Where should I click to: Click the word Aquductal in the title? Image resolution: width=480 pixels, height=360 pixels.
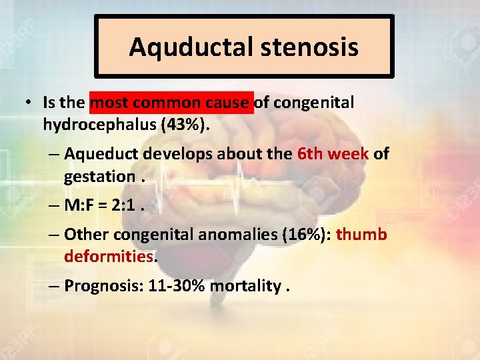click(171, 47)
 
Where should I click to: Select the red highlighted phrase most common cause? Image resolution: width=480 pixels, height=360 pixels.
click(172, 103)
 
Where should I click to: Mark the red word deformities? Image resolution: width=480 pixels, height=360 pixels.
click(109, 256)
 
